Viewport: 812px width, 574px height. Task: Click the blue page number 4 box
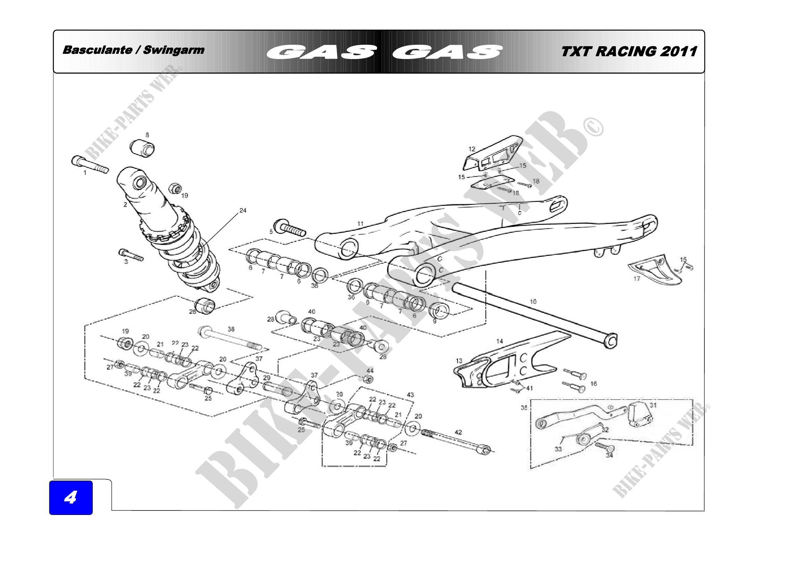(71, 497)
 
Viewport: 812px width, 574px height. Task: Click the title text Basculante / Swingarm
(133, 50)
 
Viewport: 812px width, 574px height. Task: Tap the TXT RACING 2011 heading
(629, 52)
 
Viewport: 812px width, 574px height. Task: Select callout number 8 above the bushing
(147, 135)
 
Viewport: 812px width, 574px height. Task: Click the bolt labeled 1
(90, 165)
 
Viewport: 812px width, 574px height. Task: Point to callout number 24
(243, 210)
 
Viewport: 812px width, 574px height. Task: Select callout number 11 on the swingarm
(360, 224)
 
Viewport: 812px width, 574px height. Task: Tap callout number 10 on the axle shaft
(533, 302)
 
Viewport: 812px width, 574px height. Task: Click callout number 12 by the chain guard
(472, 149)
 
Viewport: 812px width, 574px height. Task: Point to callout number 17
(637, 279)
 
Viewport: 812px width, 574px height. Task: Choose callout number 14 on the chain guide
(499, 341)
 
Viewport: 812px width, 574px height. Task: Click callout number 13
(459, 361)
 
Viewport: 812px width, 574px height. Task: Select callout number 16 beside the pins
(593, 383)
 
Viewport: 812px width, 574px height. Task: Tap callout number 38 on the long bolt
(231, 329)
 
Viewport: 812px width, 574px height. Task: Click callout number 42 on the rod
(458, 432)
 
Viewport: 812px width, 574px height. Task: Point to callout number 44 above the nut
(370, 371)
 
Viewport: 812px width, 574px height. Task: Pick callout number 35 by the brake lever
(524, 408)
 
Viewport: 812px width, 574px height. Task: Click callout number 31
(653, 405)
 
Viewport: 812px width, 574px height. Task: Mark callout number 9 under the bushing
(434, 321)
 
